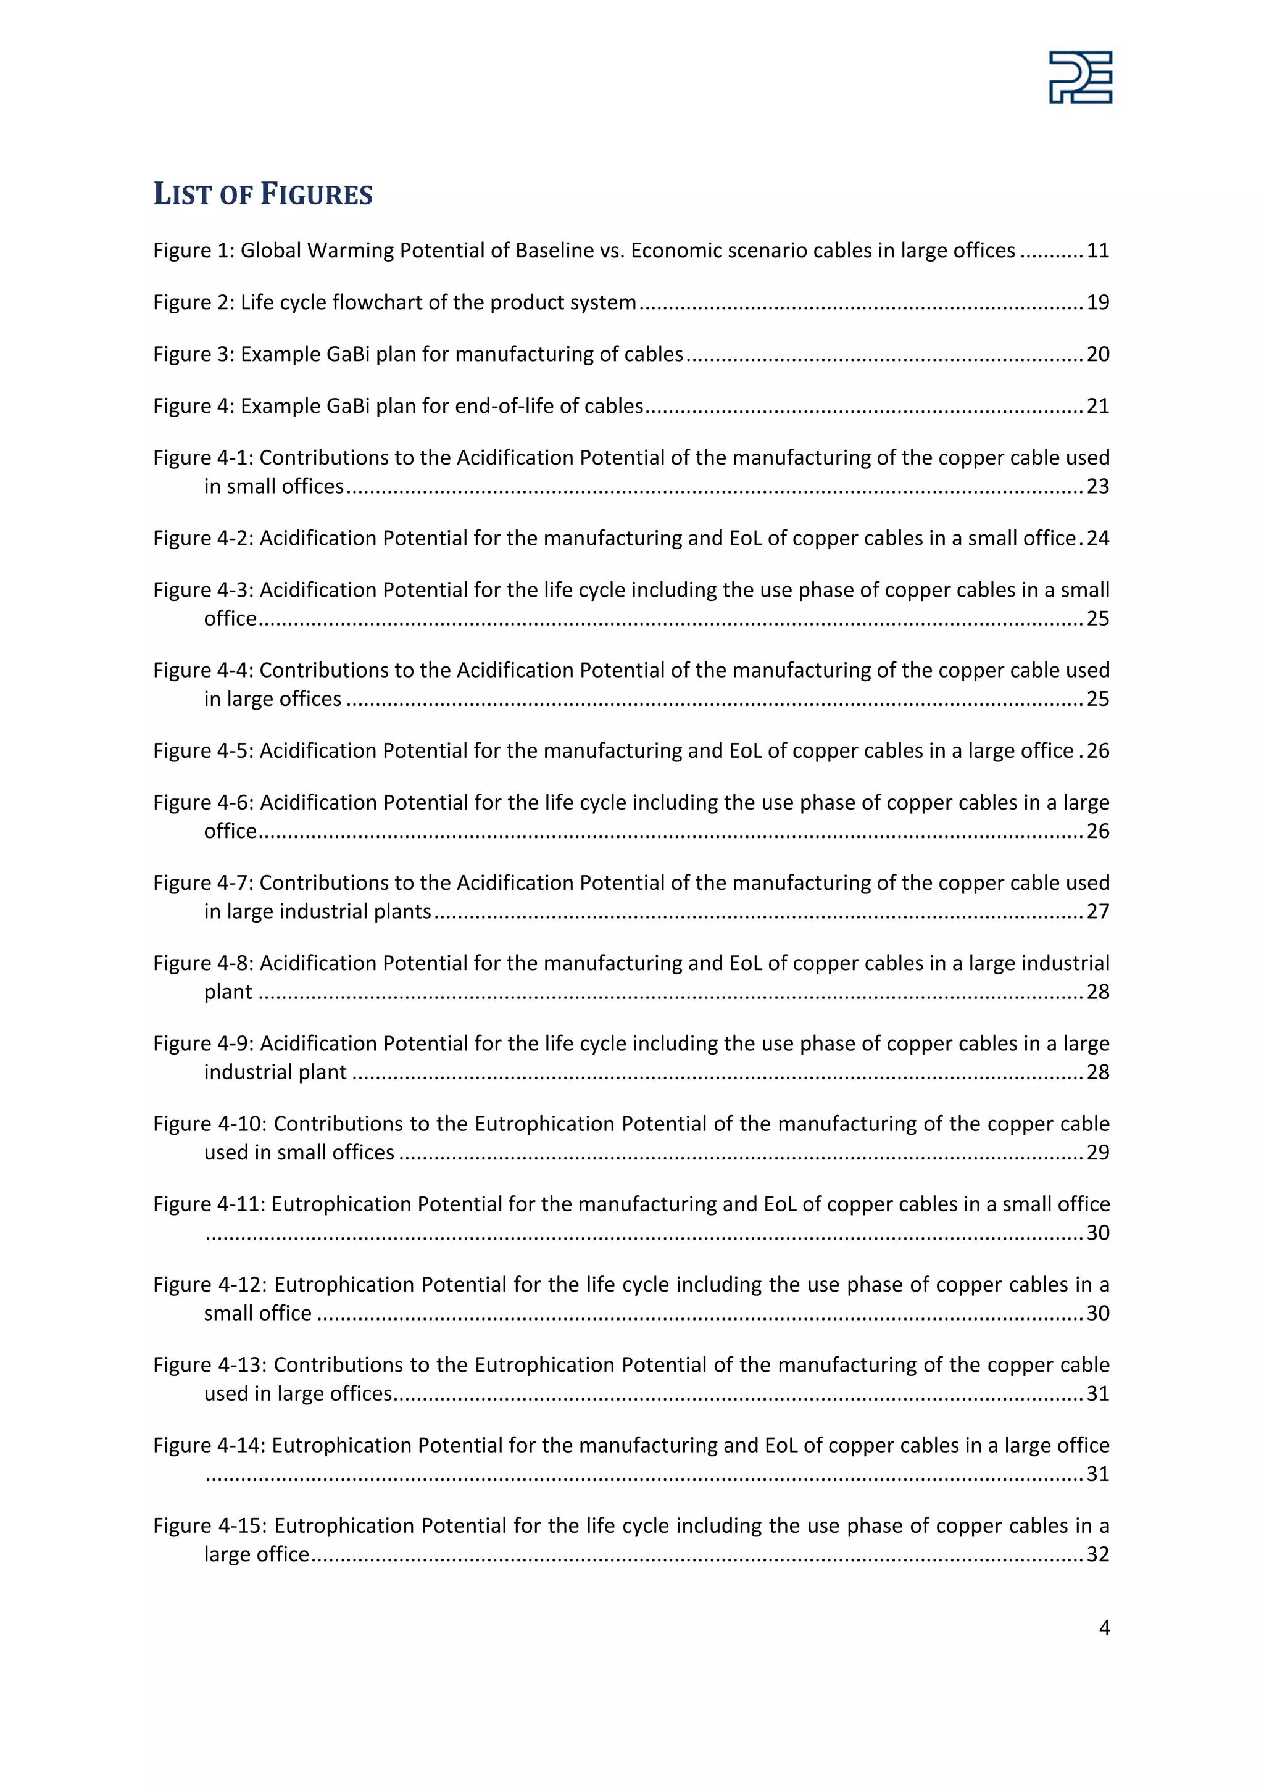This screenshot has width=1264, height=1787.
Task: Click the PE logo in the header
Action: click(1080, 77)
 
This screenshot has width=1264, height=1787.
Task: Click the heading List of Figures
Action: click(263, 194)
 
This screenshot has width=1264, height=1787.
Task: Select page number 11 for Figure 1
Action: click(1097, 251)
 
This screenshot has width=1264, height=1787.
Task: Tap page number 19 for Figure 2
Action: click(1097, 303)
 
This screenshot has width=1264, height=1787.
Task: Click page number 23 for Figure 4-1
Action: click(1097, 486)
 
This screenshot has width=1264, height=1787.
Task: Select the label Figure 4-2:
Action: click(203, 539)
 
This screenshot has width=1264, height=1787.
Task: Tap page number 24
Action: click(1098, 539)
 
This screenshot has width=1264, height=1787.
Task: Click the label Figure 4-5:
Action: click(203, 751)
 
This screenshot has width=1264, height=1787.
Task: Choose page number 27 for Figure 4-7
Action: click(1097, 911)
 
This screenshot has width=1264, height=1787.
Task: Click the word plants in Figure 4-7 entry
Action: click(402, 911)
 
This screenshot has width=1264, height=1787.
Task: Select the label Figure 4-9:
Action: click(203, 1043)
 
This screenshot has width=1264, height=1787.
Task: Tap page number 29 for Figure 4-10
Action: click(1097, 1153)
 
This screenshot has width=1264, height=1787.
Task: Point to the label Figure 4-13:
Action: click(210, 1365)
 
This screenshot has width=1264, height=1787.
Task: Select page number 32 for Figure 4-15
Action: click(1097, 1554)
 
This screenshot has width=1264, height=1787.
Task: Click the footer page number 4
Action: click(1104, 1627)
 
